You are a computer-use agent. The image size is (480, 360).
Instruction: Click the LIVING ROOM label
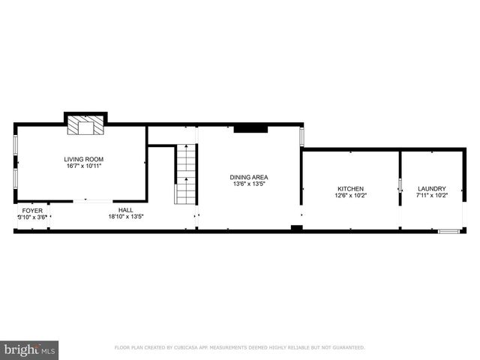pos(83,159)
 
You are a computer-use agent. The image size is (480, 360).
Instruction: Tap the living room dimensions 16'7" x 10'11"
pos(83,166)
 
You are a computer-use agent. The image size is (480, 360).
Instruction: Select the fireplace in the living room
pos(83,125)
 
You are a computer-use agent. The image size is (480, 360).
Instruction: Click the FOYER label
pos(32,211)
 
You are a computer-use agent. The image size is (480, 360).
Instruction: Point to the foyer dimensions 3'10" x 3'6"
pos(32,217)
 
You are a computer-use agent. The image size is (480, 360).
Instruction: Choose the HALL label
pos(126,210)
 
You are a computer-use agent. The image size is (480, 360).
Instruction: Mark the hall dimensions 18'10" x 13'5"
pos(126,217)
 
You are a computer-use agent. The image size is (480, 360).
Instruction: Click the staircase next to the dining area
pos(185,175)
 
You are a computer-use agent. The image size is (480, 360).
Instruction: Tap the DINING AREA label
pos(249,177)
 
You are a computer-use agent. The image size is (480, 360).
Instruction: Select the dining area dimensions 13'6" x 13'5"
pos(249,184)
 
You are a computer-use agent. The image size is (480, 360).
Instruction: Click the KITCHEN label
pos(350,188)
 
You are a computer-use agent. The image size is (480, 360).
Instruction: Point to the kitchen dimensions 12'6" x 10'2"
pos(350,196)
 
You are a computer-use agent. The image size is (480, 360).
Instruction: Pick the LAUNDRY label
pos(431,188)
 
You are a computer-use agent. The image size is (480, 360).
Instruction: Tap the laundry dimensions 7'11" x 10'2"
pos(431,196)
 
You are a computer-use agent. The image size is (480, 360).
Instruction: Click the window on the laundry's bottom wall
pos(448,231)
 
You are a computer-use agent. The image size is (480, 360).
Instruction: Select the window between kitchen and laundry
pos(400,184)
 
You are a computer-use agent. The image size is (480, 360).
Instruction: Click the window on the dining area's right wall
pos(302,137)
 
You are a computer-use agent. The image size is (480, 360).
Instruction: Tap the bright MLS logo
pos(30,349)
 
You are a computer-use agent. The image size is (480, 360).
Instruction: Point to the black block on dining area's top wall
pos(250,129)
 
